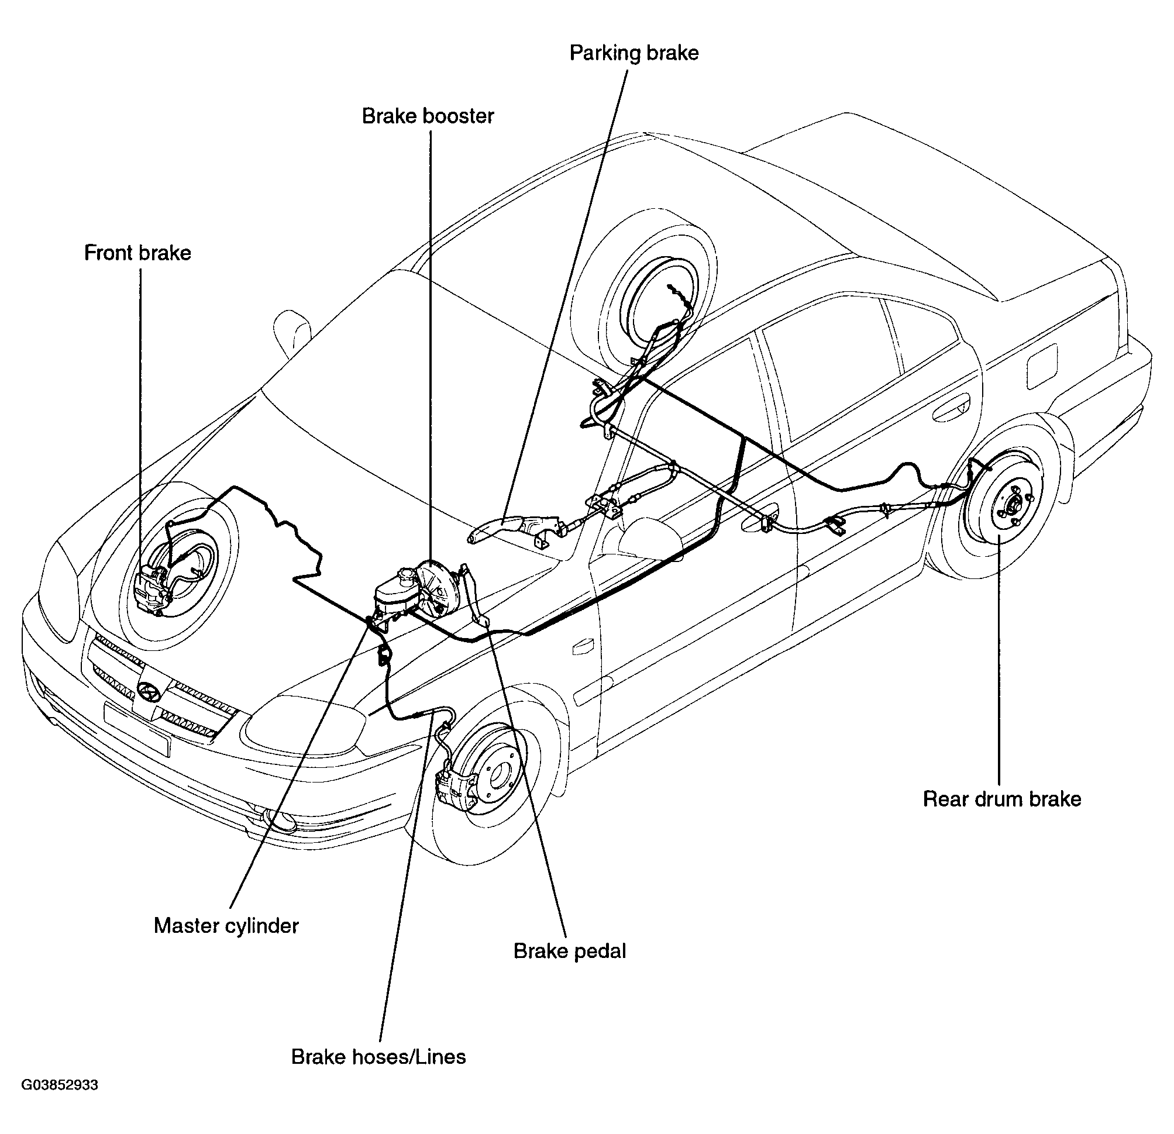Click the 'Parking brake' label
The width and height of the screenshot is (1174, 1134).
pyautogui.click(x=634, y=53)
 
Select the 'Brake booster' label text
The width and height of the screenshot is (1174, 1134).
pyautogui.click(x=428, y=116)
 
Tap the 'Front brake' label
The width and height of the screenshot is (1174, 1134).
pyautogui.click(x=138, y=253)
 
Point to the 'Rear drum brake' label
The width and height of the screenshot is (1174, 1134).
pyautogui.click(x=1002, y=799)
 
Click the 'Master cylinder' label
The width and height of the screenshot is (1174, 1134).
pyautogui.click(x=226, y=925)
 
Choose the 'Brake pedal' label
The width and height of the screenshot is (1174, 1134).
pyautogui.click(x=570, y=951)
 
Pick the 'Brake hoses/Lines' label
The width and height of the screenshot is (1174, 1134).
pyautogui.click(x=378, y=1057)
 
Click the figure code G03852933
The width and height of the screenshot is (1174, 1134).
pyautogui.click(x=60, y=1085)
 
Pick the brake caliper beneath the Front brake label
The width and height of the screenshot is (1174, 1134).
pyautogui.click(x=152, y=590)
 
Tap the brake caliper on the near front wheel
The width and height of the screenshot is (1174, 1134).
pyautogui.click(x=456, y=791)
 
